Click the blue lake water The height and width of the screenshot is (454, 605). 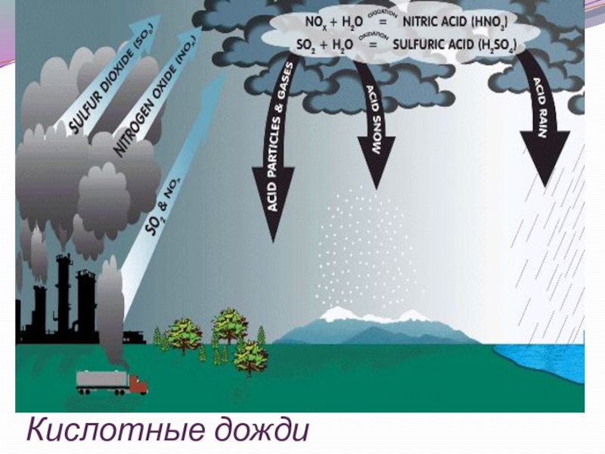click(544, 371)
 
